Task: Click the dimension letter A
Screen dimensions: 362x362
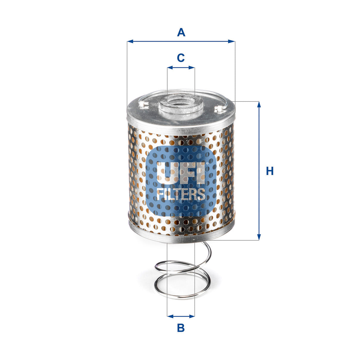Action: [181, 32]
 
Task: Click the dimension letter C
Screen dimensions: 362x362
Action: [181, 58]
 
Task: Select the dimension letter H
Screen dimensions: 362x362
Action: [270, 171]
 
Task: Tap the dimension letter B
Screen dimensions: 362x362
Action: [181, 328]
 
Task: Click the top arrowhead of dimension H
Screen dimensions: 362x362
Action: [259, 105]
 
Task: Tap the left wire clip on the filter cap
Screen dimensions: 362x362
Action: [143, 104]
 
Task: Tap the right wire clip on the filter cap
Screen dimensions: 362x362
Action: [219, 108]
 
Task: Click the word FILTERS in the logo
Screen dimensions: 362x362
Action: [181, 194]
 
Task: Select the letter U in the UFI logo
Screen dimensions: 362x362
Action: [166, 173]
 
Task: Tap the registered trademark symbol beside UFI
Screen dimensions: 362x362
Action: [207, 163]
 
